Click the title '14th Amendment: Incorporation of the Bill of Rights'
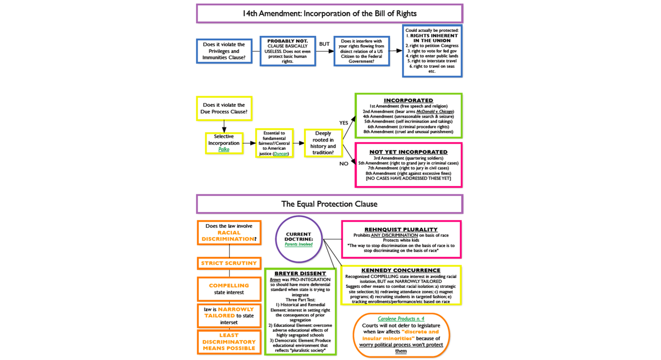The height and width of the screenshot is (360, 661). [x=329, y=13]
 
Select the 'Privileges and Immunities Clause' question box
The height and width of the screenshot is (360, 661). [x=224, y=51]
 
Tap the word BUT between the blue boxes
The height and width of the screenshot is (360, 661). [x=324, y=44]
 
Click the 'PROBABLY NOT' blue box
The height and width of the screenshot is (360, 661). [x=288, y=51]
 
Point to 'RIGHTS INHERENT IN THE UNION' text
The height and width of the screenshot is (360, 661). [x=432, y=38]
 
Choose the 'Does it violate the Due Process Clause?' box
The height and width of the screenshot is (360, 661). [x=224, y=108]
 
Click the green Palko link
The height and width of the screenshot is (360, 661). [x=224, y=149]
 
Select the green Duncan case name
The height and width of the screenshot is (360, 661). [x=281, y=154]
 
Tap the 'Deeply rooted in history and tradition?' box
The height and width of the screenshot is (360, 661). [x=323, y=143]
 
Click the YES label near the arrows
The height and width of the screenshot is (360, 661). [x=344, y=123]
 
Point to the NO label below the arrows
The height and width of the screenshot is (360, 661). [x=344, y=163]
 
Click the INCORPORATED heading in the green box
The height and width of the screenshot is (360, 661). [x=408, y=100]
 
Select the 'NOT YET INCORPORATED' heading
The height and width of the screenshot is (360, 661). [x=408, y=152]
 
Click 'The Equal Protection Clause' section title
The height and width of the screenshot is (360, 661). [x=329, y=204]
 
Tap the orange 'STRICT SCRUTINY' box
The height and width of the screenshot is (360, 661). [x=229, y=263]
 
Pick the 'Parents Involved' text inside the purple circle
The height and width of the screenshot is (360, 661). [x=299, y=244]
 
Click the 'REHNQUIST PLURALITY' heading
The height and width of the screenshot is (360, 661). [x=401, y=229]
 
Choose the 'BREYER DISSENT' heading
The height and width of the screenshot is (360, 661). [x=300, y=274]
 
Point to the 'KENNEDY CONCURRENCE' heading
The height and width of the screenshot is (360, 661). [x=400, y=270]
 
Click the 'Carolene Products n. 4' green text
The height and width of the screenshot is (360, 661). [x=401, y=319]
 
